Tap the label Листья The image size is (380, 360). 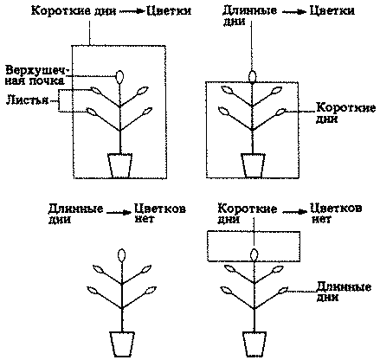coord(27,100)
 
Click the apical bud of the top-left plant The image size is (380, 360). coord(119,77)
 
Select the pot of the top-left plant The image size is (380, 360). coord(120,165)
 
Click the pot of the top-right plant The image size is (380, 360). coord(253,165)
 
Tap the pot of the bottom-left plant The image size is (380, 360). coord(122,344)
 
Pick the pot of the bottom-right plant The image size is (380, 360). coord(254,344)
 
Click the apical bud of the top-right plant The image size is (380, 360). coord(253,76)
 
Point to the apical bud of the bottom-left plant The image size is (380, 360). coord(122,255)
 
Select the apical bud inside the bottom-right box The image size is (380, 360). coord(254,255)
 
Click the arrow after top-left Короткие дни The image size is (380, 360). coord(132,11)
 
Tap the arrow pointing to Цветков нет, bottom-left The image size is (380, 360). coord(119,213)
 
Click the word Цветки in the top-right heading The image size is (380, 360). coord(332,10)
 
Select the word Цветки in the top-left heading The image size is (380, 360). coord(169,11)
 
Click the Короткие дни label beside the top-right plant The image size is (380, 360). coord(345,112)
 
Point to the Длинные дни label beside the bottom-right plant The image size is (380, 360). coord(344,292)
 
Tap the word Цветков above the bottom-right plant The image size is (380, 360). coord(336,209)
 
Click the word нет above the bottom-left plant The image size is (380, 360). coord(145,219)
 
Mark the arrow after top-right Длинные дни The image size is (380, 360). coord(293,12)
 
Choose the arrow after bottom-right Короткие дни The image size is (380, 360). coord(294,212)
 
